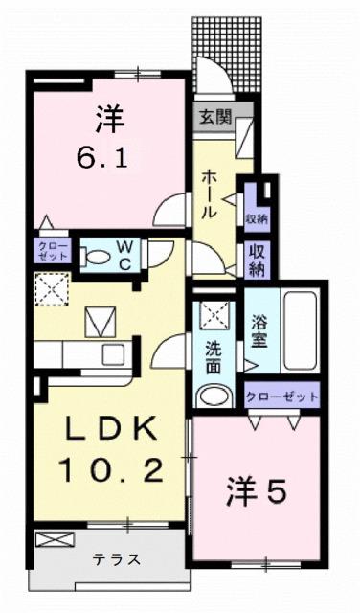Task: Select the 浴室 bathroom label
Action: pos(259,330)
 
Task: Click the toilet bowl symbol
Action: pos(97,256)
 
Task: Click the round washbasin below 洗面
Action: pos(212,396)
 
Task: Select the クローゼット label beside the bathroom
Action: pos(281,394)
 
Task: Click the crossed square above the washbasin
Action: pos(212,313)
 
